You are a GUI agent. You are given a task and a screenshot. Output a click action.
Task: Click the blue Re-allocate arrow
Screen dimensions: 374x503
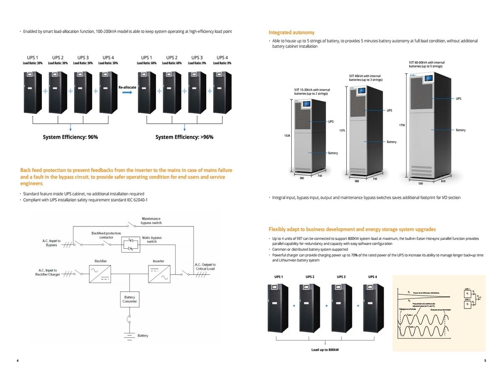click(x=127, y=93)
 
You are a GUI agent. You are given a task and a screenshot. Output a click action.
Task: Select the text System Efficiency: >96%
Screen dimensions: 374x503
click(x=184, y=137)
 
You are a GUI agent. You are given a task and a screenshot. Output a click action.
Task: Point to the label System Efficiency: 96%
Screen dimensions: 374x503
click(x=70, y=137)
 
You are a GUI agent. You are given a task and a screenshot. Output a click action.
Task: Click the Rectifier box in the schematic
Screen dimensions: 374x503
click(x=100, y=275)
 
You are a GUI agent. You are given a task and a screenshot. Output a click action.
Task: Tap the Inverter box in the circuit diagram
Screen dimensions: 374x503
click(x=158, y=275)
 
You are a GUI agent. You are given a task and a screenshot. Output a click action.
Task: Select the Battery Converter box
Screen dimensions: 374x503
click(x=130, y=299)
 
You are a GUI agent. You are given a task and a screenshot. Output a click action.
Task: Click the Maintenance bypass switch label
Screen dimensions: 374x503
click(x=151, y=221)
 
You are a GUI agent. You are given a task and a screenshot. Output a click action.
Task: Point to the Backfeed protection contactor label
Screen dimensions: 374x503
click(x=106, y=235)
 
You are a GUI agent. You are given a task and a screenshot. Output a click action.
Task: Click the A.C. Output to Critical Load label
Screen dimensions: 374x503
click(x=205, y=267)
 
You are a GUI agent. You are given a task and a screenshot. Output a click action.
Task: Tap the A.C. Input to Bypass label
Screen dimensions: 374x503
click(x=52, y=243)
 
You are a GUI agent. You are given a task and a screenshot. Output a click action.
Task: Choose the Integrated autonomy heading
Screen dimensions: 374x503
click(x=291, y=32)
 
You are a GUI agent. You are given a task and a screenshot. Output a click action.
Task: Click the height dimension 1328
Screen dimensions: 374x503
click(x=288, y=136)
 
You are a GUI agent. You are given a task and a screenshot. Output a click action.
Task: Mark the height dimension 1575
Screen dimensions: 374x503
click(x=342, y=131)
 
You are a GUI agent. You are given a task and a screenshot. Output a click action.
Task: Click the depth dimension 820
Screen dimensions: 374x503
click(x=443, y=181)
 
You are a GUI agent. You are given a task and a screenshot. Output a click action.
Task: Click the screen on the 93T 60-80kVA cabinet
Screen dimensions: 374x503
click(x=429, y=78)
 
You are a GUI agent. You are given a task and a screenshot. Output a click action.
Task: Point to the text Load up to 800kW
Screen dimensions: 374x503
click(x=325, y=349)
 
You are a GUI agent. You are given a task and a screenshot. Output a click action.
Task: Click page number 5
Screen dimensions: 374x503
click(x=485, y=361)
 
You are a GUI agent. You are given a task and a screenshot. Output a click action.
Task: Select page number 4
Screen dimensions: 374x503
click(x=18, y=361)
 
